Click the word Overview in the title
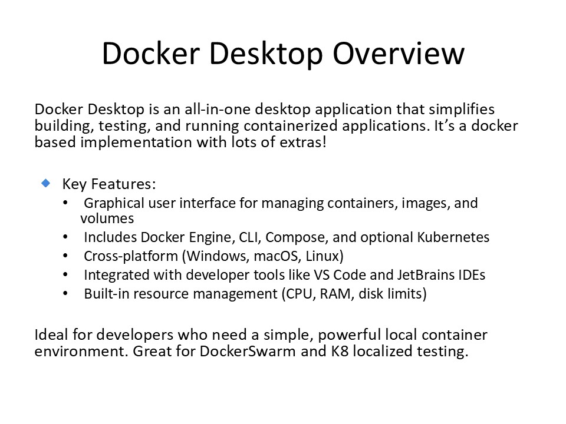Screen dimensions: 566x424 pos(399,54)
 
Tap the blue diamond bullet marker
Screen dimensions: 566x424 pos(46,183)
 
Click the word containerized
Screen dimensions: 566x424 pos(291,125)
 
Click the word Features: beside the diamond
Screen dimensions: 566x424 pos(123,184)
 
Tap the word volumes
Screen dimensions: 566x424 pos(107,218)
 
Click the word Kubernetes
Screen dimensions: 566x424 pos(453,237)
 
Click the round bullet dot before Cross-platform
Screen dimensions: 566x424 pos(65,256)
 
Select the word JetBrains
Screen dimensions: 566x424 pos(426,275)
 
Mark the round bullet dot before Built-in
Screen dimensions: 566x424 pos(65,294)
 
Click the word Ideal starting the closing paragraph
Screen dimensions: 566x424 pos(51,334)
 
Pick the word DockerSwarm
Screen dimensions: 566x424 pos(248,351)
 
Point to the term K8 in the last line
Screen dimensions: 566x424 pos(340,351)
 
